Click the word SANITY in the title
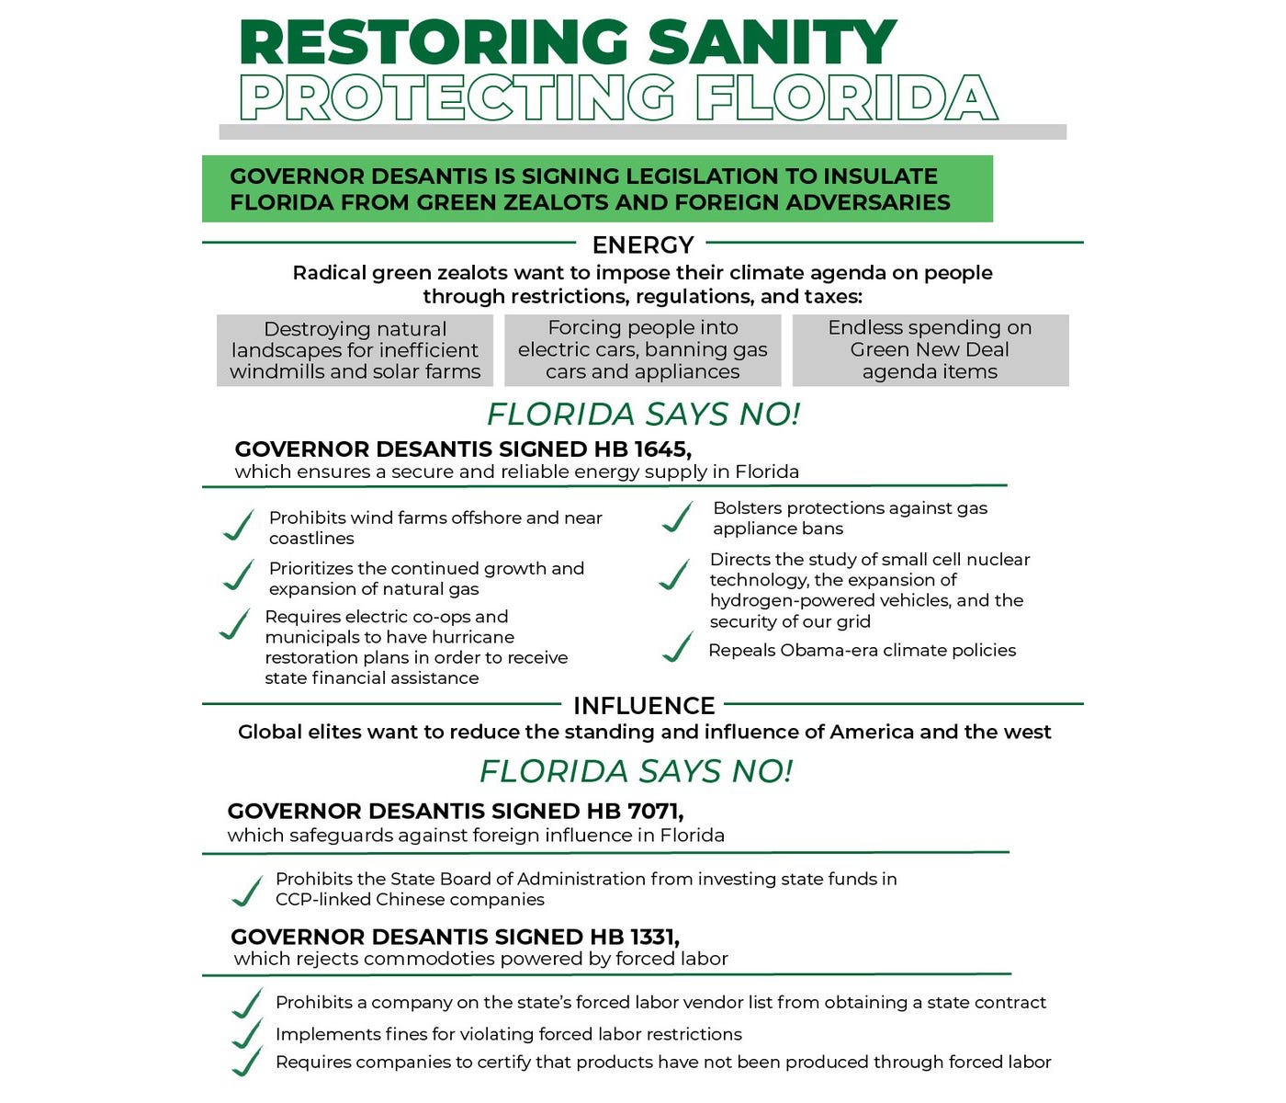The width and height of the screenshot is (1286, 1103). (x=772, y=41)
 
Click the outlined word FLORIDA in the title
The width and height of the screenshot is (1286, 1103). (x=846, y=97)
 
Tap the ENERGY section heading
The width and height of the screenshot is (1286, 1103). (x=643, y=244)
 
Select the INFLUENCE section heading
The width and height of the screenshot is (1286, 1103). (x=644, y=706)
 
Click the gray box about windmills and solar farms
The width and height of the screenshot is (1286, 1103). (x=355, y=350)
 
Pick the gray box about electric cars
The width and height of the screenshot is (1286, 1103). (x=642, y=350)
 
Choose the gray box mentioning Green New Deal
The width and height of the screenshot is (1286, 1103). (x=930, y=350)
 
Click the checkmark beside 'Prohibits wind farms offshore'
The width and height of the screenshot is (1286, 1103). (x=239, y=526)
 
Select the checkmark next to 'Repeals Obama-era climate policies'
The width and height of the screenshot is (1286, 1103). (x=678, y=647)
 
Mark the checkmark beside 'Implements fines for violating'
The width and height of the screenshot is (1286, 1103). (x=247, y=1034)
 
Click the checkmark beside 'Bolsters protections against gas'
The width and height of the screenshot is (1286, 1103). (x=678, y=517)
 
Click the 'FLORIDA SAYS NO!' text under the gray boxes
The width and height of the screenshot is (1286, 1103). (x=643, y=415)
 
